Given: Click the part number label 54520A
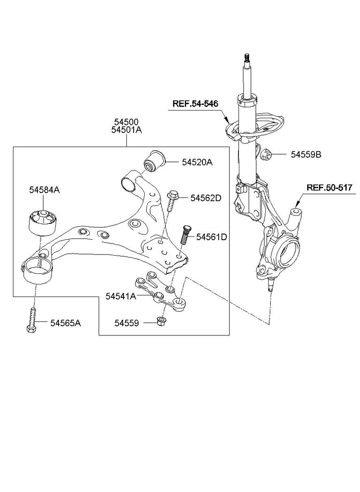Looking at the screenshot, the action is click(197, 162).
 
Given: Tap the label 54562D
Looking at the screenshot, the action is click(206, 198).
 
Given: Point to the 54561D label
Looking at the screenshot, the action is click(211, 237).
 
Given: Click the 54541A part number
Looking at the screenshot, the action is click(121, 296).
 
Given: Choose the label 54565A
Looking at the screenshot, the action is click(65, 323).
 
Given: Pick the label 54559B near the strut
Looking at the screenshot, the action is click(306, 155).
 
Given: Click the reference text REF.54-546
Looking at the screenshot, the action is click(195, 104).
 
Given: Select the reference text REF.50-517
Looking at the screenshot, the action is click(330, 188).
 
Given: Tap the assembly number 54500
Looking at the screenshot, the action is click(126, 122).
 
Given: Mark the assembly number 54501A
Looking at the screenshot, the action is click(126, 130).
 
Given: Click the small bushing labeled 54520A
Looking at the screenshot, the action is click(155, 161).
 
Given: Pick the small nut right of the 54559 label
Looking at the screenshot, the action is click(161, 321).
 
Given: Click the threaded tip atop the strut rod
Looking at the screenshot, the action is click(247, 58).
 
